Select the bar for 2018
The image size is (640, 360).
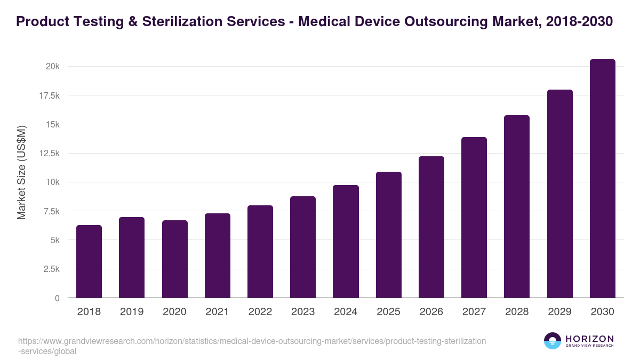pyautogui.click(x=89, y=261)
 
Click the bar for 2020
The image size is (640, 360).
pyautogui.click(x=174, y=259)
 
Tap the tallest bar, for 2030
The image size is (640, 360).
pyautogui.click(x=602, y=179)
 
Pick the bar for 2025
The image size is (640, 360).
pyautogui.click(x=388, y=235)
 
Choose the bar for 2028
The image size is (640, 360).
pyautogui.click(x=517, y=206)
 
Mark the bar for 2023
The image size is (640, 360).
pyautogui.click(x=303, y=247)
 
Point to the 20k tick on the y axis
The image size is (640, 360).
pyautogui.click(x=52, y=67)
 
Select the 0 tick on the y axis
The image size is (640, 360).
pyautogui.click(x=57, y=298)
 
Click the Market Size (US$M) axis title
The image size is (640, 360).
pyautogui.click(x=21, y=172)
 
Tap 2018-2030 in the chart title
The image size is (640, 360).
pyautogui.click(x=580, y=22)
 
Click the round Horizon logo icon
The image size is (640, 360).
pyautogui.click(x=552, y=341)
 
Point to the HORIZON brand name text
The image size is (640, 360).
pyautogui.click(x=589, y=338)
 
